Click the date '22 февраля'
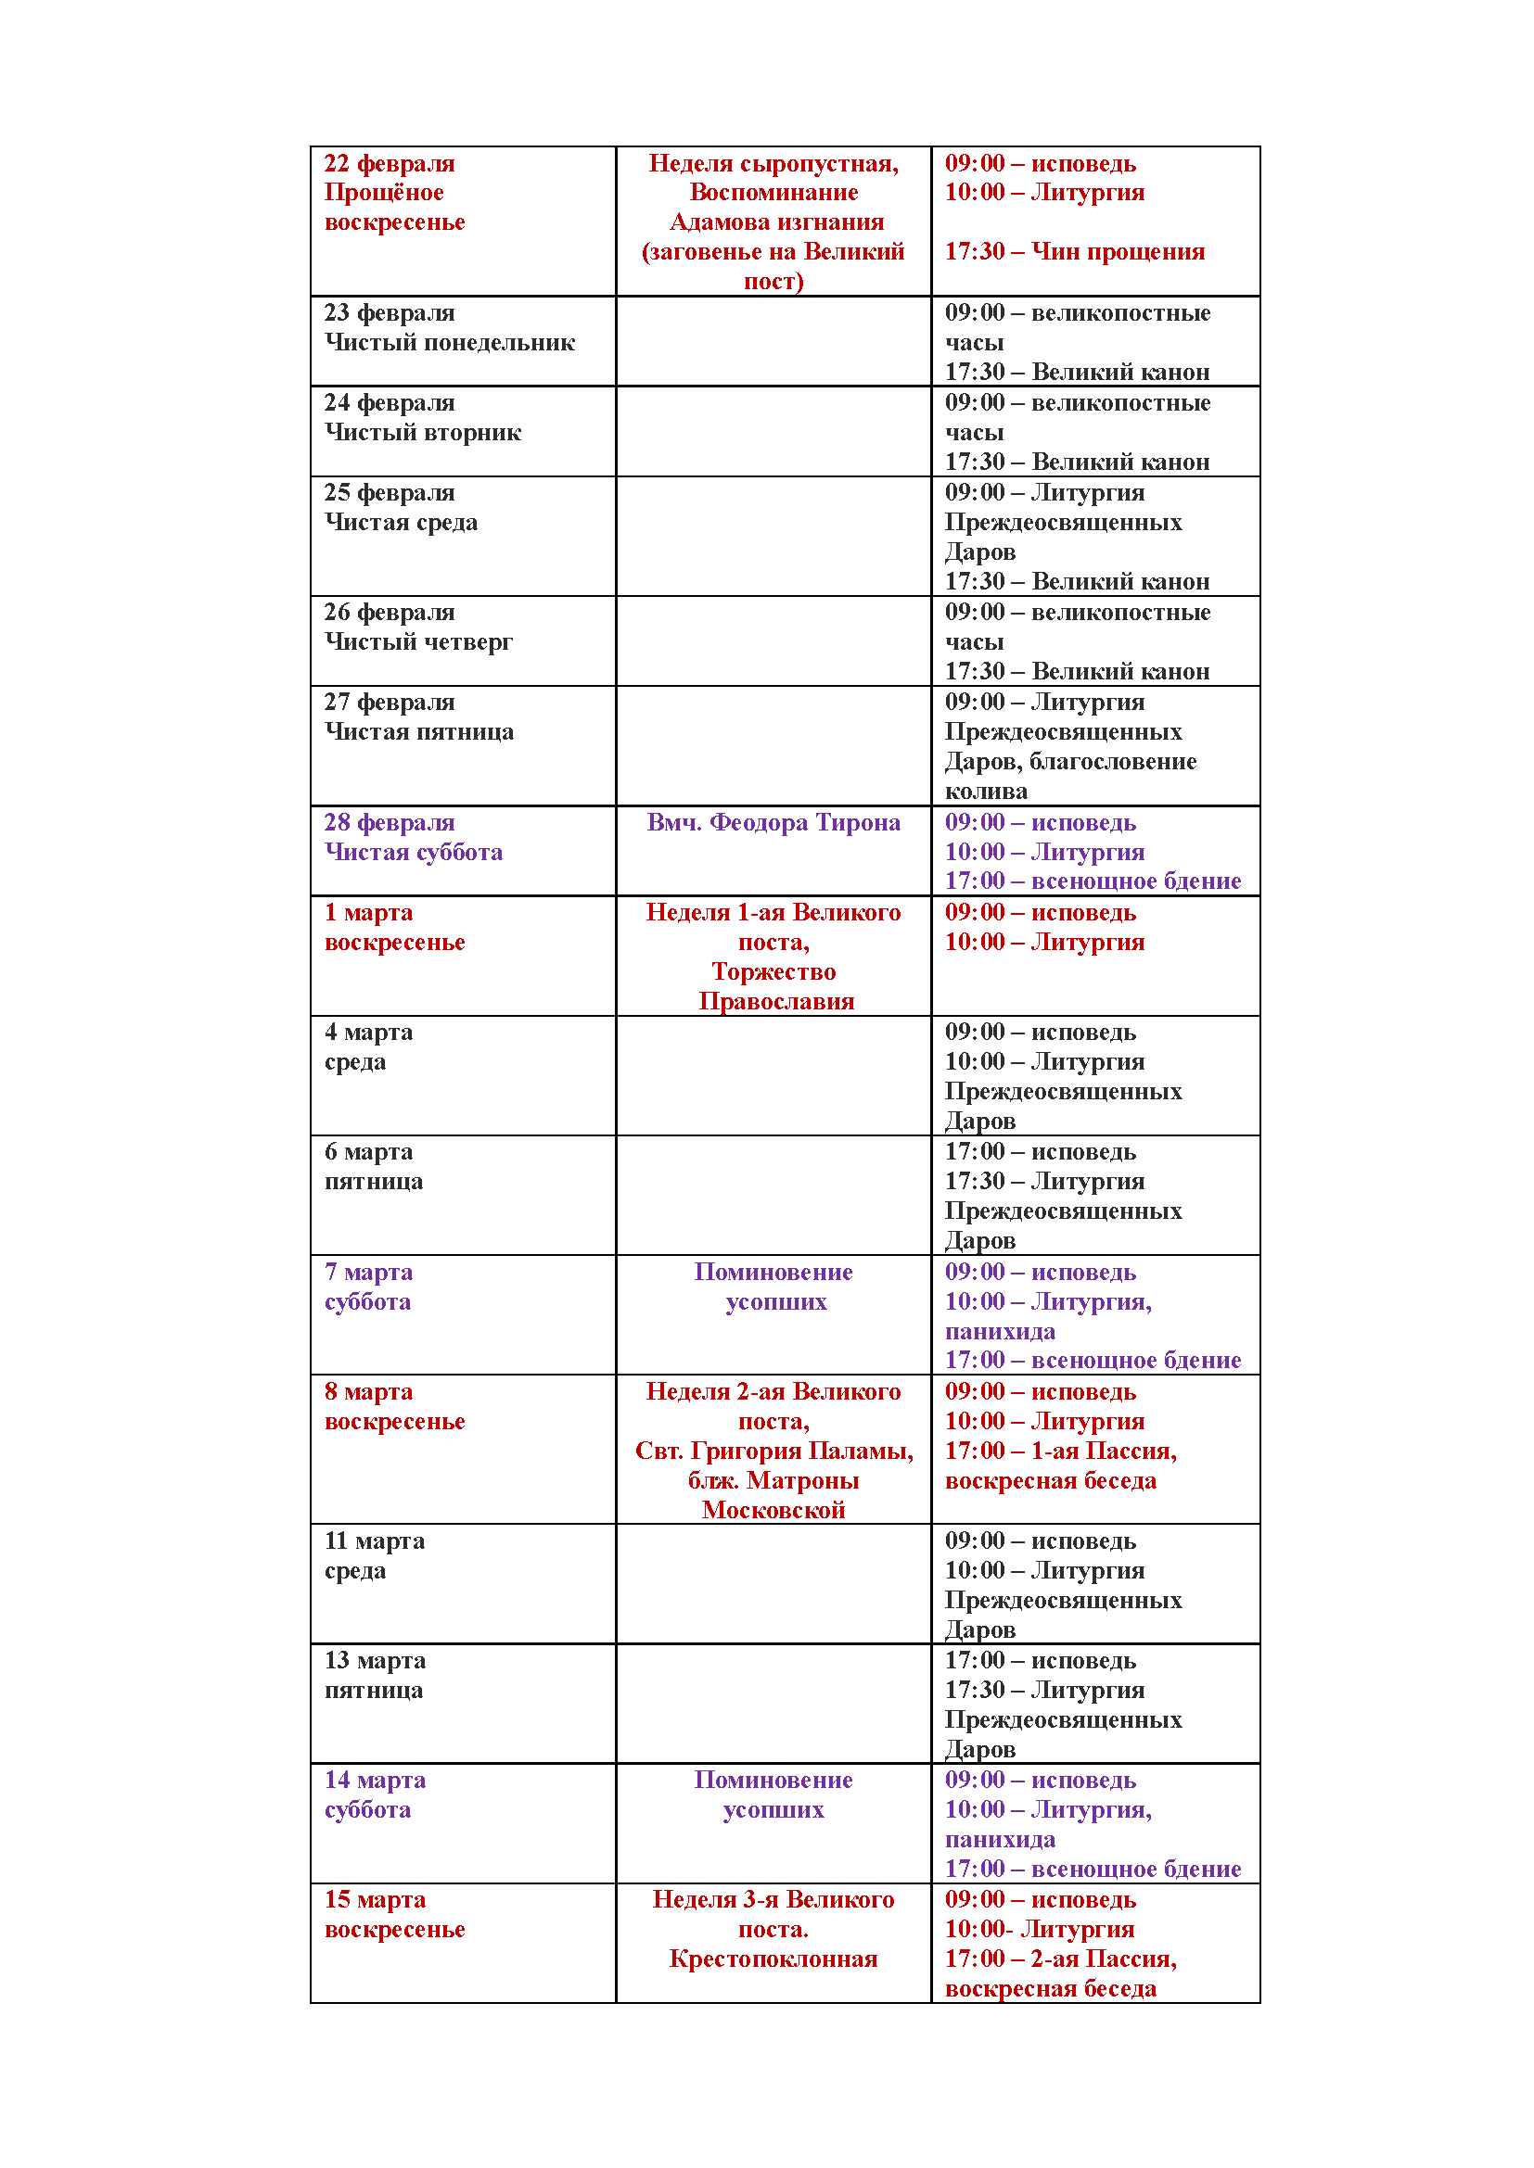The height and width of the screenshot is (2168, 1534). click(x=390, y=163)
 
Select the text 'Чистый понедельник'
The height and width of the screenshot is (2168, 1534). click(x=450, y=343)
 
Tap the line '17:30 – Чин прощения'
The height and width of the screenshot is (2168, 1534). click(x=1075, y=252)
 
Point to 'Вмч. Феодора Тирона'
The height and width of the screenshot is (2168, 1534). click(x=773, y=822)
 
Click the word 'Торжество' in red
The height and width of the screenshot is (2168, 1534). click(x=773, y=971)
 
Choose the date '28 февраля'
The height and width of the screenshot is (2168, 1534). click(x=390, y=822)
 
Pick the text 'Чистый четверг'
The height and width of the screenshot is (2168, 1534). click(x=418, y=642)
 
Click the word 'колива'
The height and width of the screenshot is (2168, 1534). click(x=986, y=792)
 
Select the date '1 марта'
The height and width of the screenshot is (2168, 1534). click(x=368, y=913)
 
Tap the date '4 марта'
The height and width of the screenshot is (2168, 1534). click(x=368, y=1032)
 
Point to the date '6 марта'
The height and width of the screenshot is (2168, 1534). click(x=368, y=1152)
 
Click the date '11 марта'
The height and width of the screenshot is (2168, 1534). click(x=374, y=1541)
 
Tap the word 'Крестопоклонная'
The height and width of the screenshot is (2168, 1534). click(x=773, y=1959)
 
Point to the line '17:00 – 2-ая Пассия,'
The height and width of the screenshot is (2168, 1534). click(x=1061, y=1959)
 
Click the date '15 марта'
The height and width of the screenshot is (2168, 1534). click(x=375, y=1900)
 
